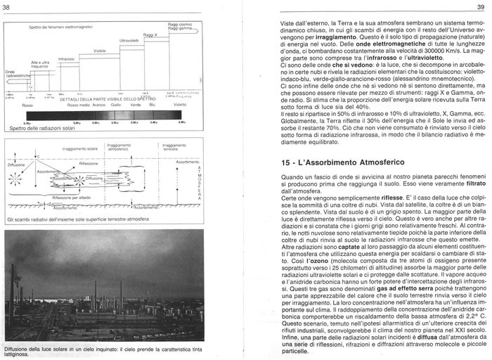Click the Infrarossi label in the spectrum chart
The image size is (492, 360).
coord(67,59)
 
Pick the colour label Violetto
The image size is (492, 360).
coord(180,105)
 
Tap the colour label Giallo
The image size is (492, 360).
coord(117,105)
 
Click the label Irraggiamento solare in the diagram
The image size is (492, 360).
coord(79,149)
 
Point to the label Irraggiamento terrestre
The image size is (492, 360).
coord(176,148)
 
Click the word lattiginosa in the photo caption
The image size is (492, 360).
coord(19,354)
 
